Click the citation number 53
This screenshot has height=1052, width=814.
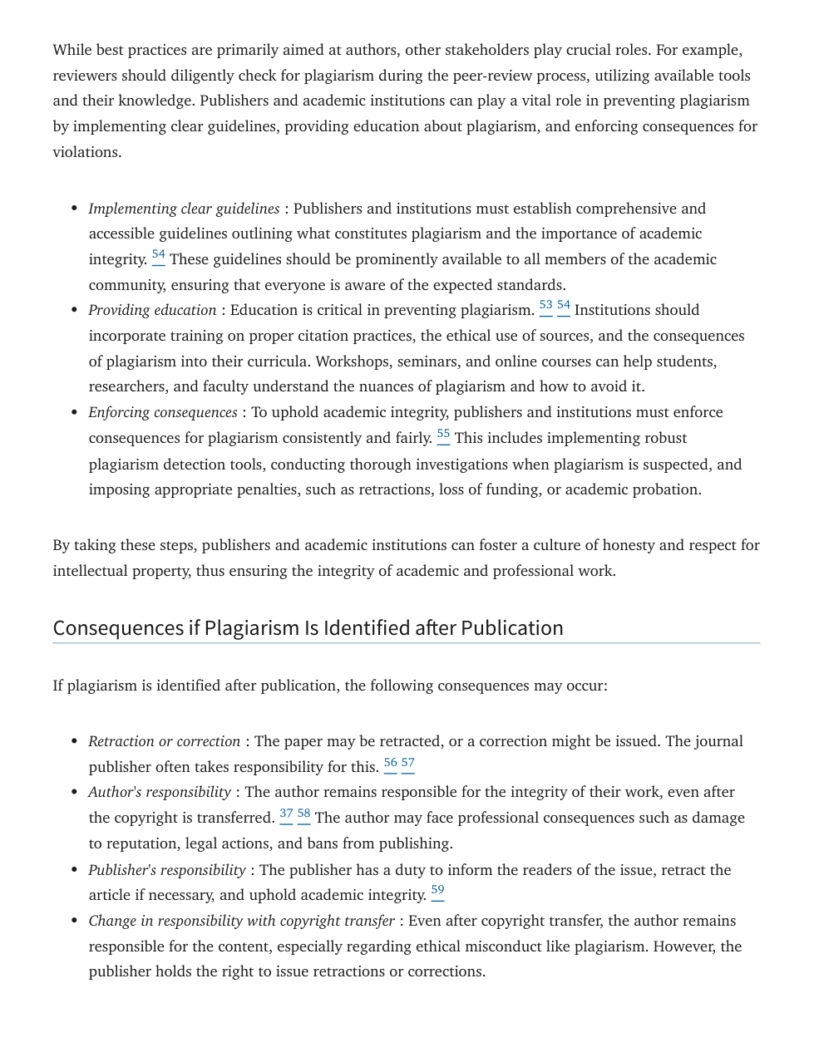coord(545,306)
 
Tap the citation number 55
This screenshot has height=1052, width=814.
coord(443,434)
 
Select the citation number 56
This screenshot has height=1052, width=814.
coord(391,763)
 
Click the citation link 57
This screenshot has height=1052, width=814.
coord(408,763)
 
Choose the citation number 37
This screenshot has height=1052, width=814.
coord(286,814)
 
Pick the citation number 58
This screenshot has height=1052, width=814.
coord(304,814)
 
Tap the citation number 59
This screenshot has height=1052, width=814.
coord(437,891)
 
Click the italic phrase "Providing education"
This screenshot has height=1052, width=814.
coord(152,310)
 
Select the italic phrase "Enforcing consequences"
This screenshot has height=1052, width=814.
coord(163,412)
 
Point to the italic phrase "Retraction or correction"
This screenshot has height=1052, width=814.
coord(164,741)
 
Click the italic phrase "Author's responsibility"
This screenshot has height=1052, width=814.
coord(160,792)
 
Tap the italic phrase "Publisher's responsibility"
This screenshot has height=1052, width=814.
coord(166,870)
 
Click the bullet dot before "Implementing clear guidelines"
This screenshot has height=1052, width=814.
coord(74,209)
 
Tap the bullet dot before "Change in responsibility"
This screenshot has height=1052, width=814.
coord(74,921)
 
